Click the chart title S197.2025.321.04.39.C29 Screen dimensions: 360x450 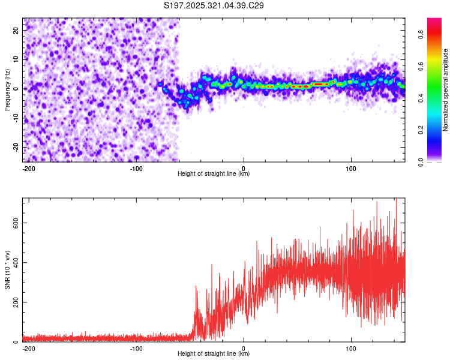tap(214, 6)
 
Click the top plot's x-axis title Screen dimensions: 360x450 tap(214, 174)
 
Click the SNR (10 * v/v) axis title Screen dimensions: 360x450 tap(7, 270)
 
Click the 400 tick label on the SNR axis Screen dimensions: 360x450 tap(15, 262)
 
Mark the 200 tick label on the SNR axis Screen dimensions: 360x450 tap(15, 302)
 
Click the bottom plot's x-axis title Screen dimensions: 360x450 tap(214, 354)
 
